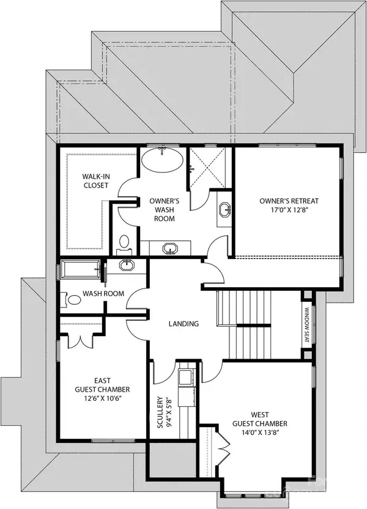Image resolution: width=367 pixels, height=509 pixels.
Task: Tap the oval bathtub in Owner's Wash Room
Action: click(x=161, y=163)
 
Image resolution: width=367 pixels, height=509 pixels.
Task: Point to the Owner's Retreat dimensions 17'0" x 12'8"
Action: click(x=289, y=211)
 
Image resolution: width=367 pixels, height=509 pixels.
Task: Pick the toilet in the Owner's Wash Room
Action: click(x=124, y=243)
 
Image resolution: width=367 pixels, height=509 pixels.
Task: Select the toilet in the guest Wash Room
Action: click(x=73, y=299)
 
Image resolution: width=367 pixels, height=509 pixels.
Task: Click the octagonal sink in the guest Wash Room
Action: click(x=127, y=266)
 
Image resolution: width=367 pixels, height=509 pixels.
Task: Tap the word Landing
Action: click(x=183, y=324)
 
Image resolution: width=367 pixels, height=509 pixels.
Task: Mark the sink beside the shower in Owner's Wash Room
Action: click(x=224, y=210)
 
